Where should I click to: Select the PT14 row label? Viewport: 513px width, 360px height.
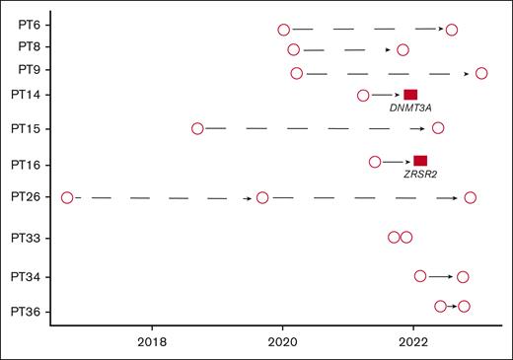click(x=28, y=95)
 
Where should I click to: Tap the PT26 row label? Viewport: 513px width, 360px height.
click(x=28, y=197)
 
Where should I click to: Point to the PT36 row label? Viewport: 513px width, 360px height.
click(x=28, y=313)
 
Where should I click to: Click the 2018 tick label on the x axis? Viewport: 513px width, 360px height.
click(x=152, y=342)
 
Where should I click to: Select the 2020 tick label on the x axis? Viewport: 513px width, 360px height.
click(x=283, y=342)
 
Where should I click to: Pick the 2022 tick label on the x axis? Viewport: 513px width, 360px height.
click(x=413, y=342)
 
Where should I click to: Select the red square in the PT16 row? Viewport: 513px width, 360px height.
click(x=420, y=161)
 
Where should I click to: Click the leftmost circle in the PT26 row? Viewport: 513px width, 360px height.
click(x=67, y=197)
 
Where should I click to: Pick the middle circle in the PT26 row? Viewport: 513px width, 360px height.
click(x=262, y=197)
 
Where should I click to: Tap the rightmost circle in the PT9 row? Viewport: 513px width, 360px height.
click(x=481, y=73)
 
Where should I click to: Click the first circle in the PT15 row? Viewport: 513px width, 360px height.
click(x=197, y=128)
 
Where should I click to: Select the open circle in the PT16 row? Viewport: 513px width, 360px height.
click(x=375, y=161)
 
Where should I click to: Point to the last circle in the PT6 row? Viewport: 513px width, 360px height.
click(x=452, y=30)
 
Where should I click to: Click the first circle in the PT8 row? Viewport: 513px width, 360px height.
click(x=294, y=49)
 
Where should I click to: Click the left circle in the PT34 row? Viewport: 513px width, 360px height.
click(x=420, y=276)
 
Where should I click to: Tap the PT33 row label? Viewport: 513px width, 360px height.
click(x=28, y=238)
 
